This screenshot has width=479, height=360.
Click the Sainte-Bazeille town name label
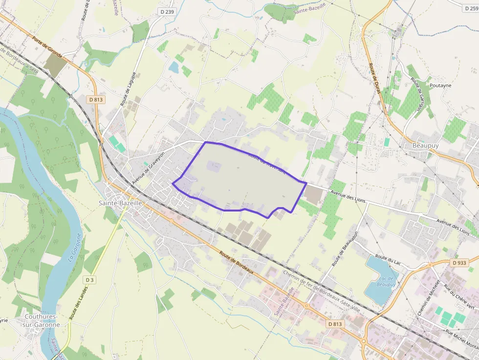120,202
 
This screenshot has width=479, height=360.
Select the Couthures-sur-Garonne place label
42,320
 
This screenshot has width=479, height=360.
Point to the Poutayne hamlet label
440,85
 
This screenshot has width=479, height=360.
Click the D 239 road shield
167,11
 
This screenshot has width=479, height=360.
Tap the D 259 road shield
469,8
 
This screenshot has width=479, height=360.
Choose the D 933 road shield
460,262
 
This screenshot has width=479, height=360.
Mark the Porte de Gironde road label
47,47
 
